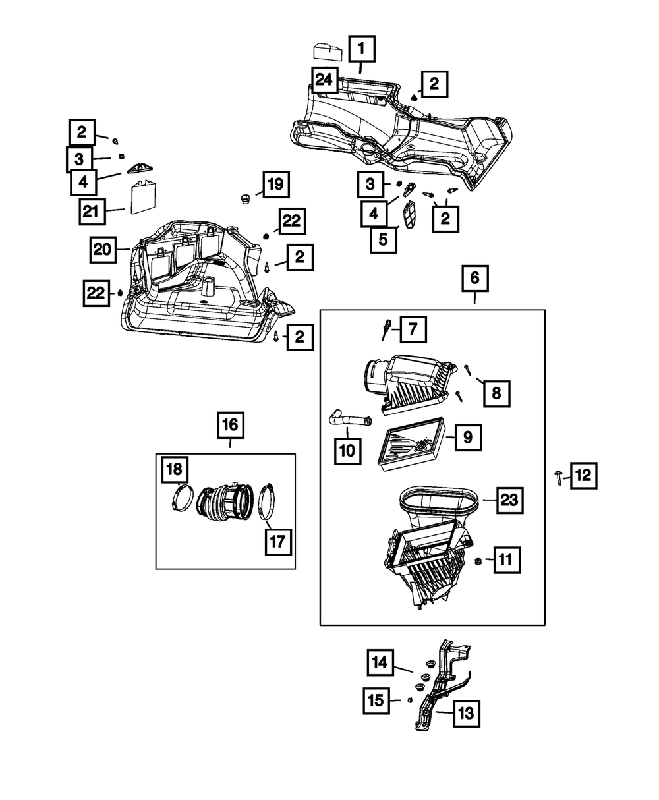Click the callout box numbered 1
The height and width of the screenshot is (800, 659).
point(361,49)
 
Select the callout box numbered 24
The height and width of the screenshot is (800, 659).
point(324,80)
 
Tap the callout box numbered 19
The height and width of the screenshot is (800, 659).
point(275,185)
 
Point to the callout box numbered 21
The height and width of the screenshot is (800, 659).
point(92,212)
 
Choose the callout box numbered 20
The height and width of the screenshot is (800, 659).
point(103,250)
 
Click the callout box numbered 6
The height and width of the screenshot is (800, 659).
point(474,278)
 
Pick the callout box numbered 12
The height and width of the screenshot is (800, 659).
point(583,476)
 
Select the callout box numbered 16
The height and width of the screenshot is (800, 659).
point(230,425)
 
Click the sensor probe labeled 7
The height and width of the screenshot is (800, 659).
point(386,329)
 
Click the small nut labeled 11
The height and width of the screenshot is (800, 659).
point(477,561)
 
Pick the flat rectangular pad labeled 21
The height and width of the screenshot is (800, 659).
point(144,198)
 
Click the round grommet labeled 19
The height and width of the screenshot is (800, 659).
point(244,199)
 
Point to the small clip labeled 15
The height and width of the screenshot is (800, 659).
point(409,700)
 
